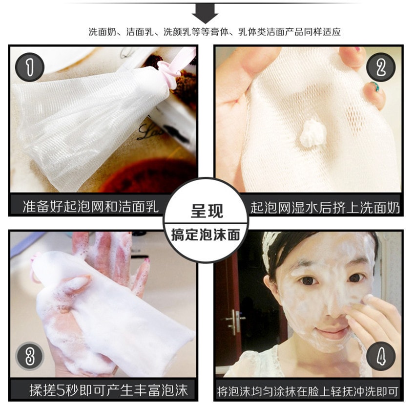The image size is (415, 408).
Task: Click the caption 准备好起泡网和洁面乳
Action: click(91, 207)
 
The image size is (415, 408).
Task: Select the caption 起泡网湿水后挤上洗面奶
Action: click(325, 207)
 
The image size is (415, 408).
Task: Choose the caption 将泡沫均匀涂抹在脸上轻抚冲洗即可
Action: click(308, 391)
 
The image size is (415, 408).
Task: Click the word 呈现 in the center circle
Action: click(207, 211)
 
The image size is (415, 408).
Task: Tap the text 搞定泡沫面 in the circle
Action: click(206, 235)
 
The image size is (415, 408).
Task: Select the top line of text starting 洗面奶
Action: click(214, 32)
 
